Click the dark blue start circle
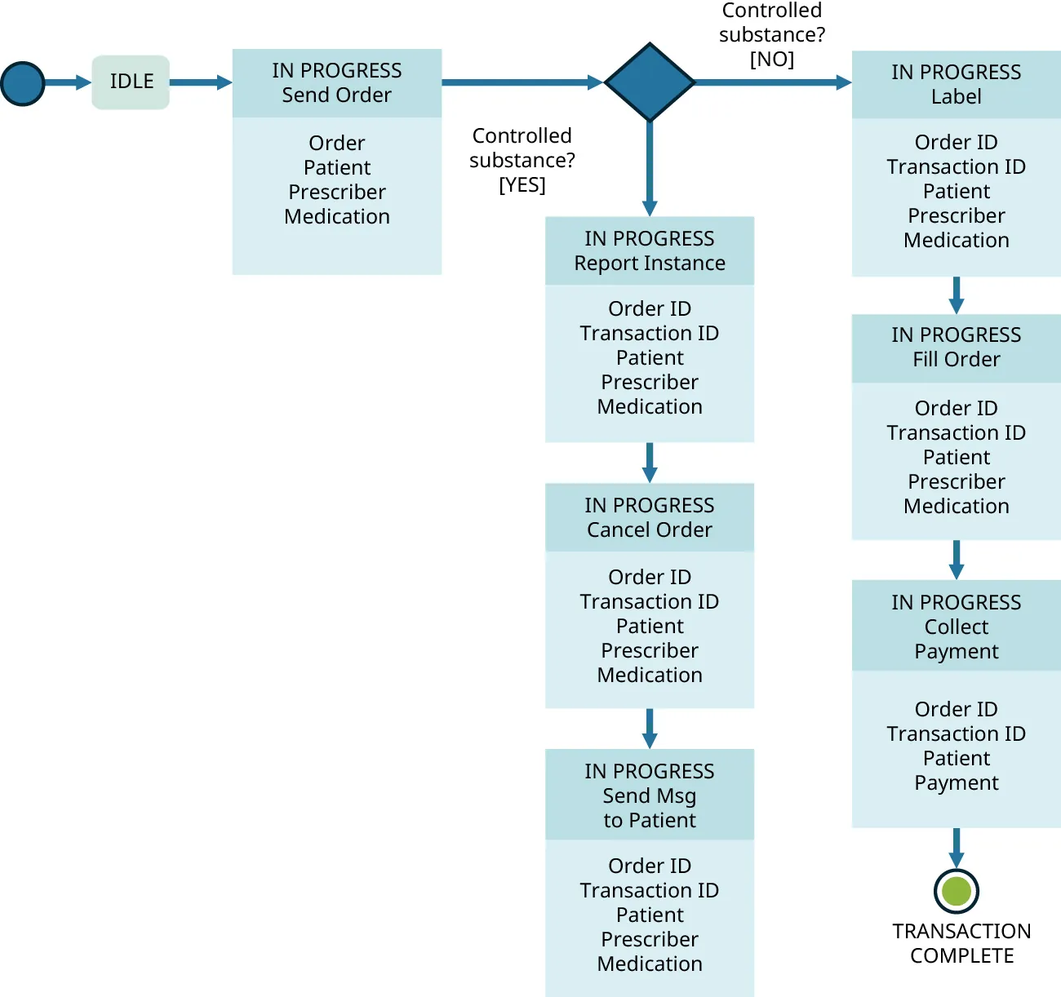[x=23, y=83]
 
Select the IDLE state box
[x=131, y=82]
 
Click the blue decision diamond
[x=650, y=82]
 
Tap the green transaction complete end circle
[x=956, y=891]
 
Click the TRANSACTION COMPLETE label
[x=961, y=943]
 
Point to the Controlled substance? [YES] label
[x=522, y=160]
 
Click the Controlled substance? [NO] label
[x=771, y=35]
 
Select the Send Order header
[x=337, y=83]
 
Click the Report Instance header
[x=650, y=250]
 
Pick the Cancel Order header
[x=650, y=517]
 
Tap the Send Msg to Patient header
[x=650, y=795]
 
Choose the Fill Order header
[x=956, y=348]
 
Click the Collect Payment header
[x=956, y=626]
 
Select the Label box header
[x=956, y=85]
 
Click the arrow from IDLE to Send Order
[x=200, y=82]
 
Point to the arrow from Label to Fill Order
[x=956, y=295]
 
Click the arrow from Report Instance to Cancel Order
[x=650, y=463]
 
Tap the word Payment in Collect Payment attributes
[x=956, y=782]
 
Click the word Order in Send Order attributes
[x=337, y=143]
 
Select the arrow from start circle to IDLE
[x=67, y=82]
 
